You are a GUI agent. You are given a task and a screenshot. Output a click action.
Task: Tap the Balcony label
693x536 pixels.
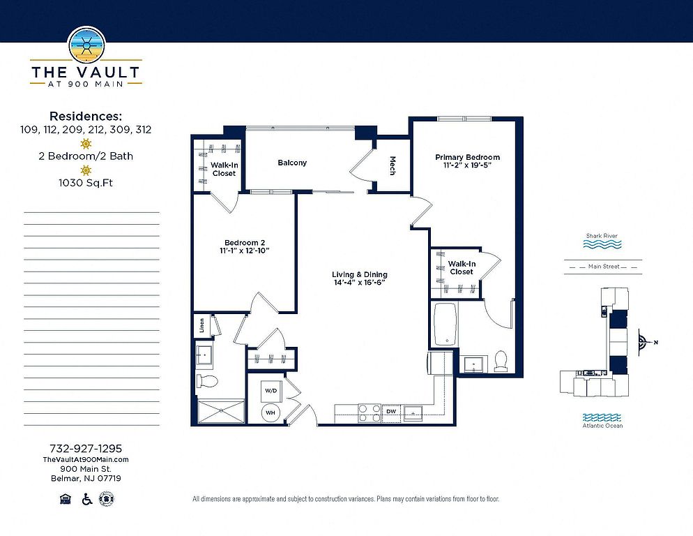[x=292, y=163]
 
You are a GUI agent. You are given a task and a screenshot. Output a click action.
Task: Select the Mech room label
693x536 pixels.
[x=392, y=165]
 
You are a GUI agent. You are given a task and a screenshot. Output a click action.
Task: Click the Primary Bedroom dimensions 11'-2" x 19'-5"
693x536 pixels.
[x=468, y=165]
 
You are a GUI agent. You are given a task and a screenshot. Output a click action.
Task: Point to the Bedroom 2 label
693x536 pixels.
[x=245, y=243]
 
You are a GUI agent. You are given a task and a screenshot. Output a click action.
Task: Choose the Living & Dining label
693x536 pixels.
[x=360, y=274]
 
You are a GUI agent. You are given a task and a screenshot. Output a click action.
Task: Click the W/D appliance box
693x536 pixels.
[x=271, y=391]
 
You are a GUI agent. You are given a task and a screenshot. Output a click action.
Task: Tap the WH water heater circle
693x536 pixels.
[x=270, y=412]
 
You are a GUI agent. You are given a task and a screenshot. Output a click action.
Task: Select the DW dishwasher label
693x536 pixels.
[x=391, y=412]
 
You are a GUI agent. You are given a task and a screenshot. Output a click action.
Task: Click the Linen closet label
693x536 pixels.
[x=202, y=325]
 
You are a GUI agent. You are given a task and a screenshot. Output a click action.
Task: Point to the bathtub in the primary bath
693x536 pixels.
[x=445, y=324]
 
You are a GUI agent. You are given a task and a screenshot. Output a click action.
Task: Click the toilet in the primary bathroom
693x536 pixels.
[x=501, y=361]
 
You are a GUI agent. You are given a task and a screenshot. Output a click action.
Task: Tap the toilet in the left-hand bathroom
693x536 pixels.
[x=207, y=380]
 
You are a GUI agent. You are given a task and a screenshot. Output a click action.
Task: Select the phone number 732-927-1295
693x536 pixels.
[x=86, y=448]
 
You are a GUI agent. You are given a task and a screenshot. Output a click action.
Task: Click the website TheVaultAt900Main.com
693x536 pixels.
[x=86, y=459]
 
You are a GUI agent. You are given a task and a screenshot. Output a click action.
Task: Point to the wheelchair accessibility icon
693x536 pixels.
[x=87, y=499]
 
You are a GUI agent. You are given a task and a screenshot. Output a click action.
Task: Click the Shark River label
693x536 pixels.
[x=602, y=236]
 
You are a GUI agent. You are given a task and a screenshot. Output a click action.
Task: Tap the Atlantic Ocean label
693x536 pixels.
[x=602, y=425]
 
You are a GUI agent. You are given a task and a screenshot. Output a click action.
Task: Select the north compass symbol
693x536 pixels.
[x=644, y=342]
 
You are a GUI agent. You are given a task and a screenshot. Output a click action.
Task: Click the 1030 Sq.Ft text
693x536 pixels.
[x=86, y=182]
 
